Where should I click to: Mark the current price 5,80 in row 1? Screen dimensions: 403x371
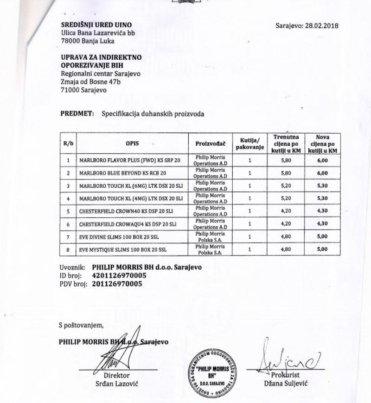point(286,160)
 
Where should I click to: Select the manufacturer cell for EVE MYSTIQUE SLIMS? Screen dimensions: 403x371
point(210,250)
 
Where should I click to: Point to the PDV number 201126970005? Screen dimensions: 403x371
point(117,284)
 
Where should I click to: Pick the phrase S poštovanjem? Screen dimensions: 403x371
point(82,325)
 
